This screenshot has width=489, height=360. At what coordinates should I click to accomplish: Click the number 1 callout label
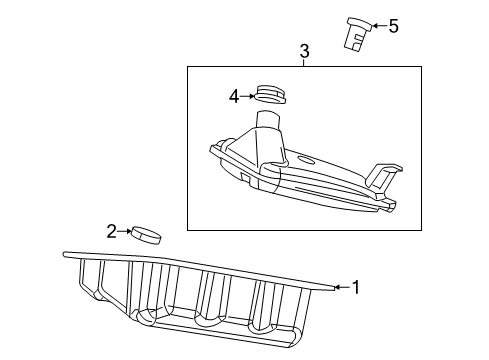coord(355,288)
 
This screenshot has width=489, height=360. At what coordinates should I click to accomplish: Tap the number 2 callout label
coord(112,232)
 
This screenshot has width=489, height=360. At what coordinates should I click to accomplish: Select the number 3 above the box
coord(304,50)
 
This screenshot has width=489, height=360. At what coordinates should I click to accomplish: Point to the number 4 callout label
coord(233,97)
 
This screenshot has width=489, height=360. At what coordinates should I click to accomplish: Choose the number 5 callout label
coord(393,26)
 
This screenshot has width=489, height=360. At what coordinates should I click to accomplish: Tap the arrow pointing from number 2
coord(125,232)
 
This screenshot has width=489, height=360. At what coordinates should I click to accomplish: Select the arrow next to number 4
coord(247,97)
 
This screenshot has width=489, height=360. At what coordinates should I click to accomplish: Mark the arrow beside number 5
coord(378,26)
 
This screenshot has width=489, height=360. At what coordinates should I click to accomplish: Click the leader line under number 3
coord(304,62)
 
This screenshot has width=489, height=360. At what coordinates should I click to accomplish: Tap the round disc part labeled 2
coord(147,235)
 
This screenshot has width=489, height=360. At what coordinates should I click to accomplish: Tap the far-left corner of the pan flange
coord(65,255)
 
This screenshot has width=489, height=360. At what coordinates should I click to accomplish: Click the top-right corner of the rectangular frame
coord(421,67)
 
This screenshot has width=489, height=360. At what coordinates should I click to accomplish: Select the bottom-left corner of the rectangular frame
coord(188,229)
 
